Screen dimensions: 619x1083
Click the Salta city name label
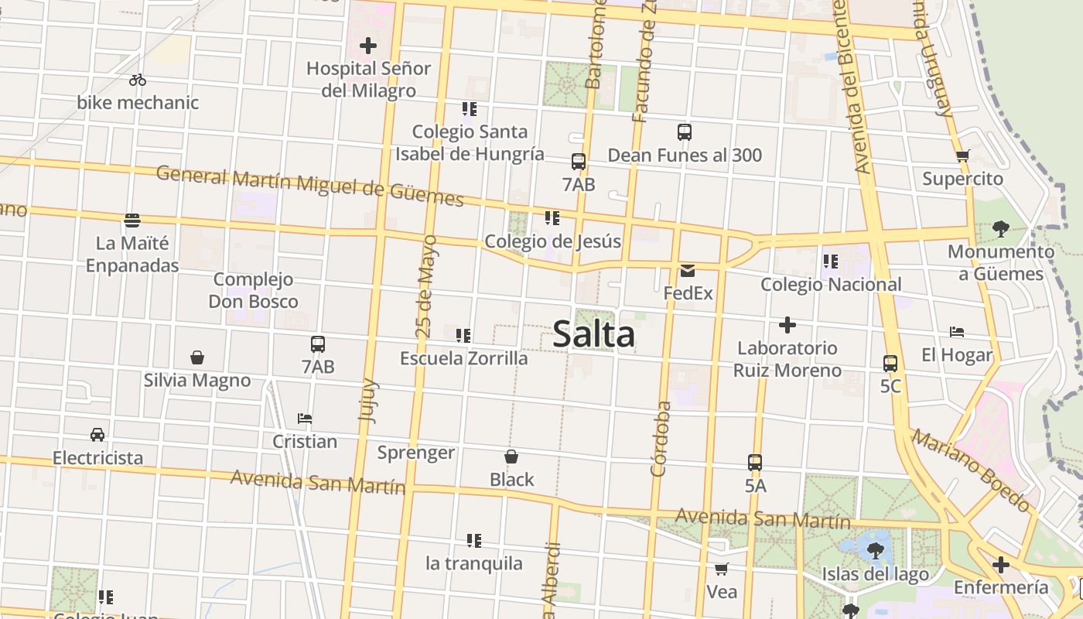594,334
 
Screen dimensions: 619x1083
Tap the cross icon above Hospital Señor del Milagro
368,46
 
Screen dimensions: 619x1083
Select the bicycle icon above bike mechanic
138,80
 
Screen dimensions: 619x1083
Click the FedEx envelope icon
688,271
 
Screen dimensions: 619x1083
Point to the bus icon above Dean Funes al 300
685,132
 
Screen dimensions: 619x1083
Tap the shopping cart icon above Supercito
962,156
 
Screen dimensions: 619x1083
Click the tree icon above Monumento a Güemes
1001,228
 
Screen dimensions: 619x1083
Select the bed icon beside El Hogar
957,332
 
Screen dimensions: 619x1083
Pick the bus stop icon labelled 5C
890,363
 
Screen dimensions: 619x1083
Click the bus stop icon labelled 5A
755,463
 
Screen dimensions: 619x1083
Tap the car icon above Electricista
97,434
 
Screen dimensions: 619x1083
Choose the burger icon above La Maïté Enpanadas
132,221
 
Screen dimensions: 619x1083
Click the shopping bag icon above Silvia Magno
197,357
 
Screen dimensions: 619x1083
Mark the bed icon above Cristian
305,419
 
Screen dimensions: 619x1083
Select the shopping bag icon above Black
511,457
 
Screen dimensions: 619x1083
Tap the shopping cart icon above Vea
721,569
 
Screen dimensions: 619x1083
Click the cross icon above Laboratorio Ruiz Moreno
787,325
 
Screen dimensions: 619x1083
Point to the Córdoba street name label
660,438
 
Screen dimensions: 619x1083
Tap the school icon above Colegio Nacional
831,262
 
